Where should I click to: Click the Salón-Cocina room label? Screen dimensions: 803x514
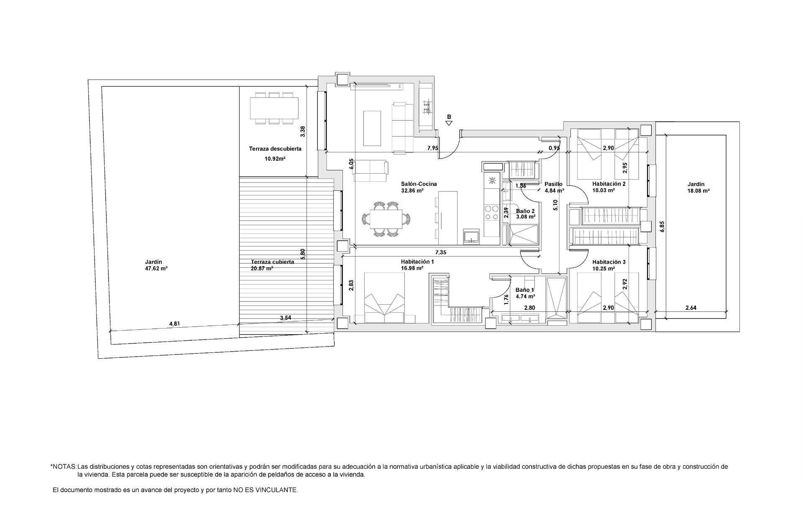[419, 184]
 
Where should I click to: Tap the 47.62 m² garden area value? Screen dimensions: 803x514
[156, 269]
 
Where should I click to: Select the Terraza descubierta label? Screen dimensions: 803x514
[275, 149]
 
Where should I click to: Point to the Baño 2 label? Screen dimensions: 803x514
[525, 211]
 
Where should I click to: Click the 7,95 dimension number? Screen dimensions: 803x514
[433, 148]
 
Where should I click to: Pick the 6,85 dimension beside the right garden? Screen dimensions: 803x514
[662, 226]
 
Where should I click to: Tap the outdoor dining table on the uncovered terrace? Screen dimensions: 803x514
[274, 108]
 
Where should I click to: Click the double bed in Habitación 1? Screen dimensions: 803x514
[385, 298]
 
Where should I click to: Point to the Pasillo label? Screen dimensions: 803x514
[553, 184]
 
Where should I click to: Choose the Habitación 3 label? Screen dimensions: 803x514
[609, 262]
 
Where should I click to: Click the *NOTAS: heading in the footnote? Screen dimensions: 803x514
[63, 466]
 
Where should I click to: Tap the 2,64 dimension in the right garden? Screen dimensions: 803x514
[691, 308]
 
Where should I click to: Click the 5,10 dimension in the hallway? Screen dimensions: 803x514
[555, 205]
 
